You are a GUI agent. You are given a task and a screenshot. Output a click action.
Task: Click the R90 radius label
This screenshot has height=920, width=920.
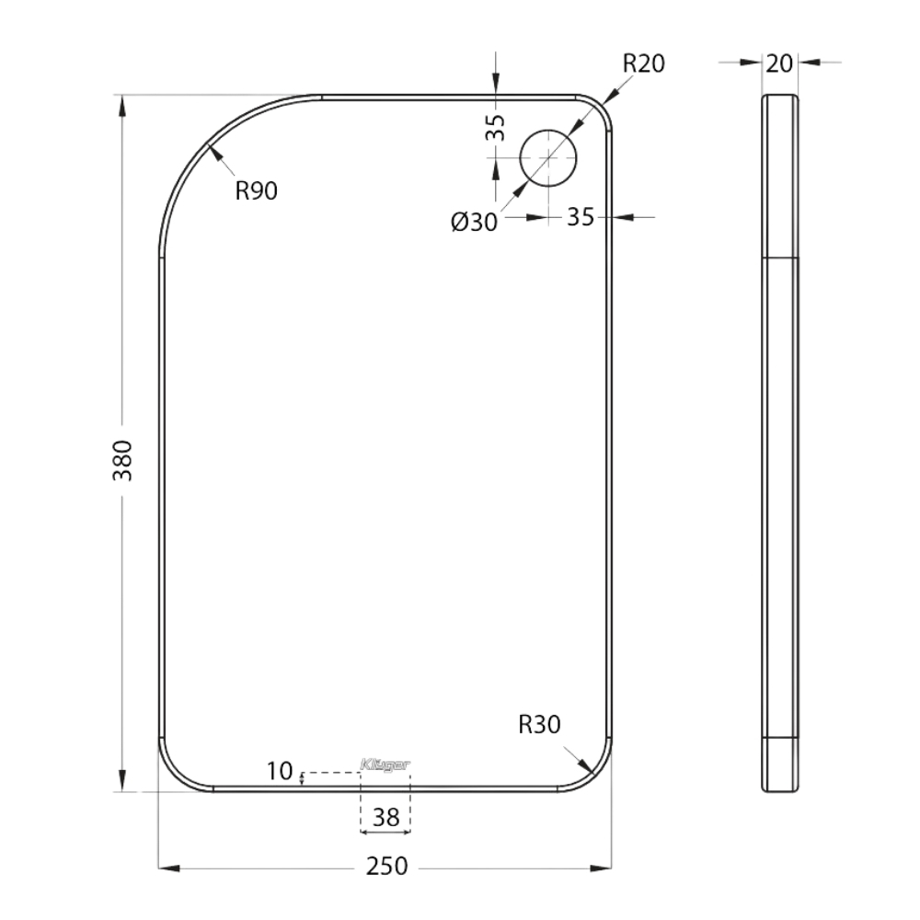[256, 191]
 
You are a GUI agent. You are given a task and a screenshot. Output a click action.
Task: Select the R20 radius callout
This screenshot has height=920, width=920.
[643, 63]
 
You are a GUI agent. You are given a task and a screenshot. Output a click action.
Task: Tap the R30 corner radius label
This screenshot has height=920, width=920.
[540, 725]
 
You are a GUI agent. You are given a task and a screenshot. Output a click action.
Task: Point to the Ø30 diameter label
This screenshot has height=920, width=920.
[474, 222]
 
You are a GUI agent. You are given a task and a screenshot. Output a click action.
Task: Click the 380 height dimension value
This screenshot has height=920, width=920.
[123, 460]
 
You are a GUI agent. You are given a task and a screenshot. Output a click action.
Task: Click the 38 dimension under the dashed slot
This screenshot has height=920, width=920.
[385, 814]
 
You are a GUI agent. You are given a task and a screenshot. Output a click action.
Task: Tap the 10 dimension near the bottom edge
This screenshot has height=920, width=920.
[280, 769]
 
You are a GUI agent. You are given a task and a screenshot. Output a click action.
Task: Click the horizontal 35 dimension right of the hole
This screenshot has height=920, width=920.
[580, 217]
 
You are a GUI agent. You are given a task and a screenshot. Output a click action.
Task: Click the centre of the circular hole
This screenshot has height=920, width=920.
[548, 158]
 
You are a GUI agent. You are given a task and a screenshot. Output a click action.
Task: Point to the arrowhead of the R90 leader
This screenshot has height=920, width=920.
[214, 152]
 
